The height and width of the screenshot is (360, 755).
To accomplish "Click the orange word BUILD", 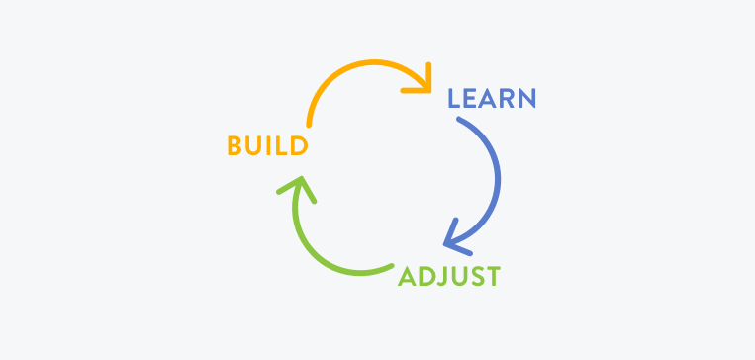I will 267,146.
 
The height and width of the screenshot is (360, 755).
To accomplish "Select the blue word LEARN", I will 492,99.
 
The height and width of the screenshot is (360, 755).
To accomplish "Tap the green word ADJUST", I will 448,276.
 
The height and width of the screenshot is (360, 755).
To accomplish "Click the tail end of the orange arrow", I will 310,125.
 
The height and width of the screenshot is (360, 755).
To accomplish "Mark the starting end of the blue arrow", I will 458,120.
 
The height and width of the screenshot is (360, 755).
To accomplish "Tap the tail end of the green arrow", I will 392,265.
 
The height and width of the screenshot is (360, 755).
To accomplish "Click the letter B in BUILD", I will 235,146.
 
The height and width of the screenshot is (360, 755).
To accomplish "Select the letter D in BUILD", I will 299,146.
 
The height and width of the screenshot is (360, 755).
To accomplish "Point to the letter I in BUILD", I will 269,146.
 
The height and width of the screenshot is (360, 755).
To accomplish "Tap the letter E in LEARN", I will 471,99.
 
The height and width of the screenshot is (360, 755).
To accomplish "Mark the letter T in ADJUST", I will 492,276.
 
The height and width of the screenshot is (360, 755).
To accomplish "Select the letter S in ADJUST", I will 474,276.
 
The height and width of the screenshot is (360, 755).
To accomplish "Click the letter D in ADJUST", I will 425,276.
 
